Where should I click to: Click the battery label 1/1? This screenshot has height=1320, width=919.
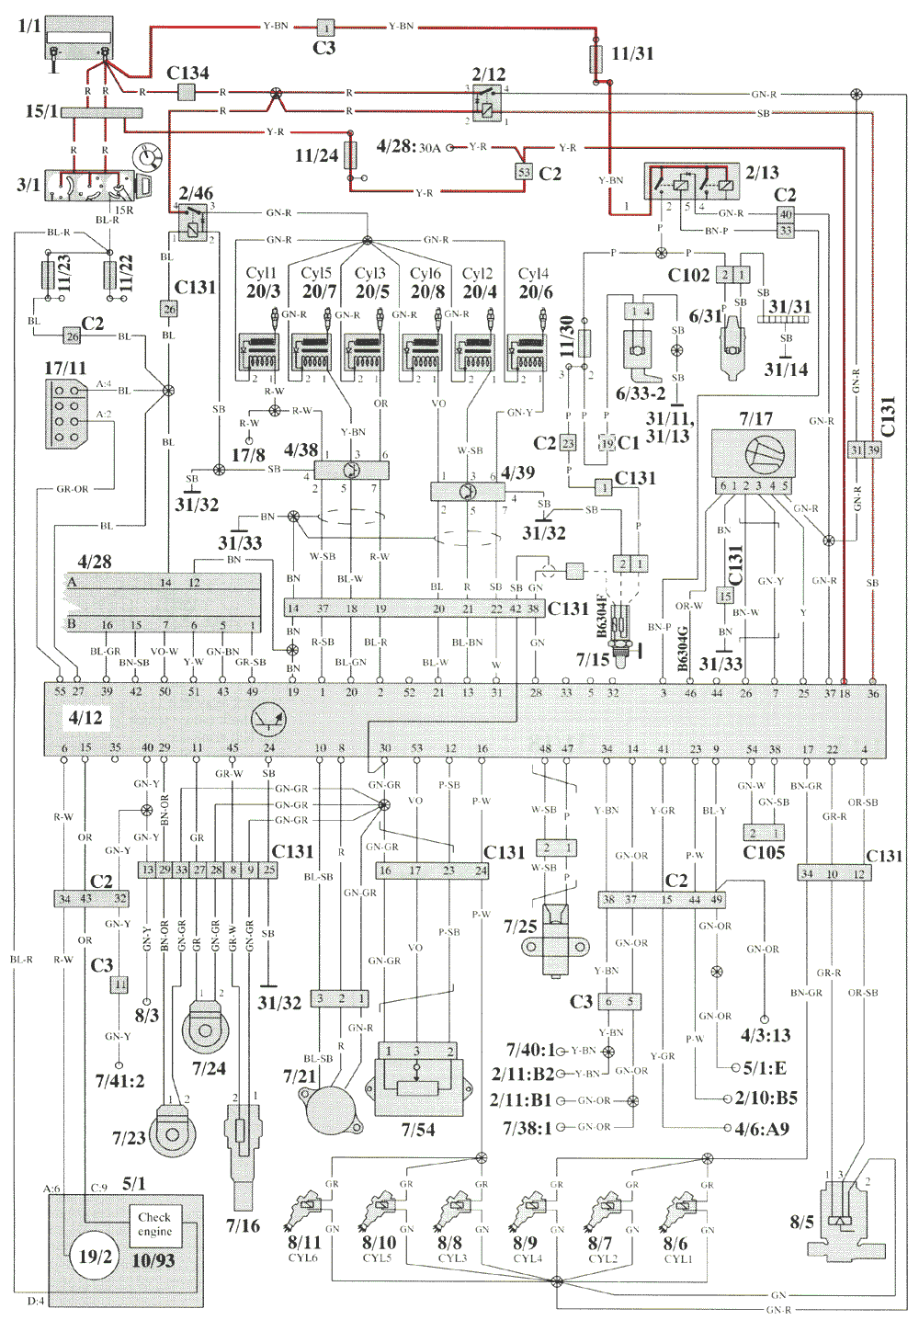[29, 26]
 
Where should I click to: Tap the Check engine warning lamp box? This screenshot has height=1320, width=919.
[154, 1223]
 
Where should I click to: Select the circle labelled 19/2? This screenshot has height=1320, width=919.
[95, 1257]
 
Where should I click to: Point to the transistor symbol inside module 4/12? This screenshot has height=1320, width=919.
[267, 722]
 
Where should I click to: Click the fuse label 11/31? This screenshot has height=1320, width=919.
[632, 54]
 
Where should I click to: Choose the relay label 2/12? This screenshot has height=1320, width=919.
[489, 74]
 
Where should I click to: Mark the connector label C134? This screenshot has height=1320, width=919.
[187, 73]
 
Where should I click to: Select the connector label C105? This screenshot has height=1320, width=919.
[763, 852]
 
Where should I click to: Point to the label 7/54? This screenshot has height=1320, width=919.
[418, 1130]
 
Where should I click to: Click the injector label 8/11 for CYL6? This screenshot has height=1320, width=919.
[304, 1243]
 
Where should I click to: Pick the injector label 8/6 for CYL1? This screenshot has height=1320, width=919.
[675, 1243]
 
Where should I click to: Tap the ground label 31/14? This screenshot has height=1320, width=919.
[786, 370]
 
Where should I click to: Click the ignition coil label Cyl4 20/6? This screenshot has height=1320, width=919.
[535, 283]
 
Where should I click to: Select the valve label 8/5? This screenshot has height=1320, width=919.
[801, 1222]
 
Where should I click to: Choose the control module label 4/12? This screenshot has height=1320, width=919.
[85, 717]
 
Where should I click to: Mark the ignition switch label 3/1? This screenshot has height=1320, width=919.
[28, 184]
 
